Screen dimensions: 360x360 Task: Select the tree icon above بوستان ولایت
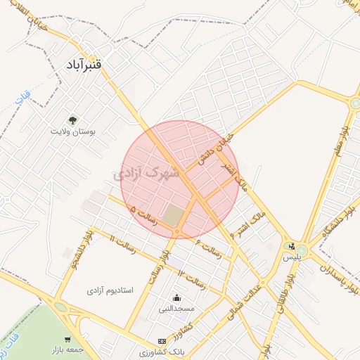72,120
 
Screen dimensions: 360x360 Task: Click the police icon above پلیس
291,247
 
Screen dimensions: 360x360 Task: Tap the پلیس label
291,257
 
